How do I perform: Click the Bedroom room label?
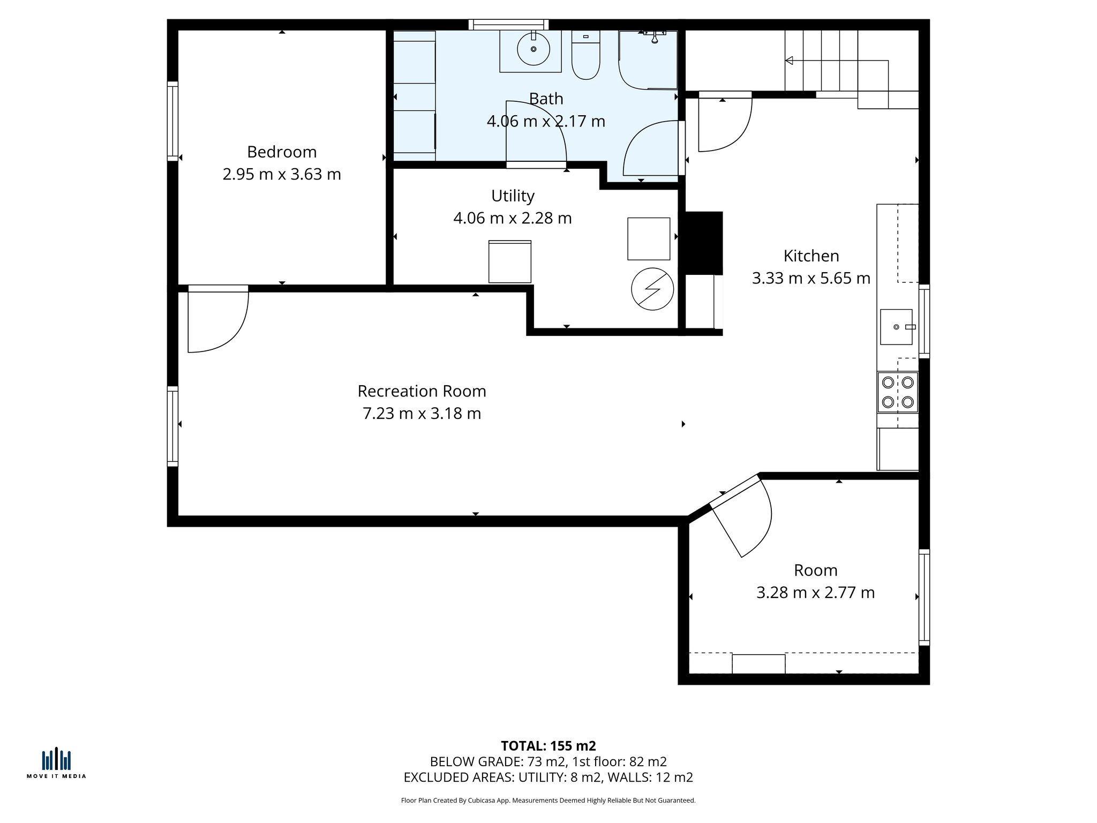[282, 152]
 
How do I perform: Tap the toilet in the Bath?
[585, 56]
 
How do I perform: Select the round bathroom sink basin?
[533, 49]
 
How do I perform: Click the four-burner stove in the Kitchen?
[897, 392]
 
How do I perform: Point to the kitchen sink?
[896, 327]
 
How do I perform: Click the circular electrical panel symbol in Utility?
[652, 289]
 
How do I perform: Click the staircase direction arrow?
[789, 61]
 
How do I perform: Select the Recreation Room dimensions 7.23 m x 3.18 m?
[422, 414]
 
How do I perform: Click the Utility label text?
[513, 196]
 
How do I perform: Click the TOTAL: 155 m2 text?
[548, 746]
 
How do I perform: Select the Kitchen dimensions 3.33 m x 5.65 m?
[810, 279]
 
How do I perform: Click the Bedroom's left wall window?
[172, 121]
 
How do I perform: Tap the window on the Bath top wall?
[508, 24]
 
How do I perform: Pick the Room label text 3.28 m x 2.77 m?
[815, 593]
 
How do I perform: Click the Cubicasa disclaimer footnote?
[548, 800]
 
